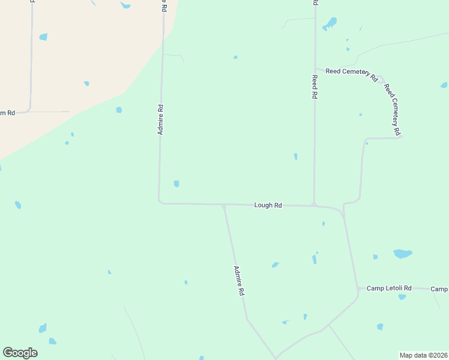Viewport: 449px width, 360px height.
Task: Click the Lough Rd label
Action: point(268,205)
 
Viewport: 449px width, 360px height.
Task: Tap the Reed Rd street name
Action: point(314,87)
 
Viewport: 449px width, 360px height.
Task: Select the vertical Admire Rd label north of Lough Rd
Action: point(161,120)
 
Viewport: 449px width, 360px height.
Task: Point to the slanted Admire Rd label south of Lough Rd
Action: point(239,281)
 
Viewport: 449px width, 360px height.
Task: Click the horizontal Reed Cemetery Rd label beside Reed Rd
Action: point(351,74)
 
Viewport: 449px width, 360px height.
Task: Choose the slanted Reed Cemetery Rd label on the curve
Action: point(392,110)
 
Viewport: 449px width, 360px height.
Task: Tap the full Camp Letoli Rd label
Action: point(389,289)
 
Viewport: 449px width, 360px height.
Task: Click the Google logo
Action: point(20,353)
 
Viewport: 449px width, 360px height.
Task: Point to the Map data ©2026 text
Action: point(423,355)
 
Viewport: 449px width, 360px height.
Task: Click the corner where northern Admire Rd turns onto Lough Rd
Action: point(159,202)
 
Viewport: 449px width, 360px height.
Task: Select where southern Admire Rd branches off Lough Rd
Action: point(223,205)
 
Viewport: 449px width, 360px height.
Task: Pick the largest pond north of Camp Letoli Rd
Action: point(402,254)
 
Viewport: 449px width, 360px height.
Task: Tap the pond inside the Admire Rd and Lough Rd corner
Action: point(176,184)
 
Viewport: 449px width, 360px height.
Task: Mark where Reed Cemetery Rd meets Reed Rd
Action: point(315,69)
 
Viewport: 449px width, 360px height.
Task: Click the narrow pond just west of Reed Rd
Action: point(295,157)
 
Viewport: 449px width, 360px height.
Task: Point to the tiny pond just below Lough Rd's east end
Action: point(324,224)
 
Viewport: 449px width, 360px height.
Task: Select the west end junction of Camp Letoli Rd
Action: point(358,289)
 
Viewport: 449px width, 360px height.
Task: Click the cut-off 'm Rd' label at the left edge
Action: point(7,113)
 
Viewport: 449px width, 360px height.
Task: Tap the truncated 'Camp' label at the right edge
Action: point(440,289)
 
